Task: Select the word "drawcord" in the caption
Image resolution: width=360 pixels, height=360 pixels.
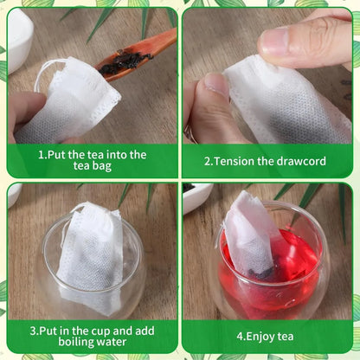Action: point(301,161)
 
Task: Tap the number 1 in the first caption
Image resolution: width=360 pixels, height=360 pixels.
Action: point(42,155)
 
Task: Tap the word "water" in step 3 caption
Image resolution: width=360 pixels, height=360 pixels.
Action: point(112,342)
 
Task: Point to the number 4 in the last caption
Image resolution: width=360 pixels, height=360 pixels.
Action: point(240,337)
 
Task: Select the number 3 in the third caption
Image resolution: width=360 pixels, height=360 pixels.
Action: point(33,331)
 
